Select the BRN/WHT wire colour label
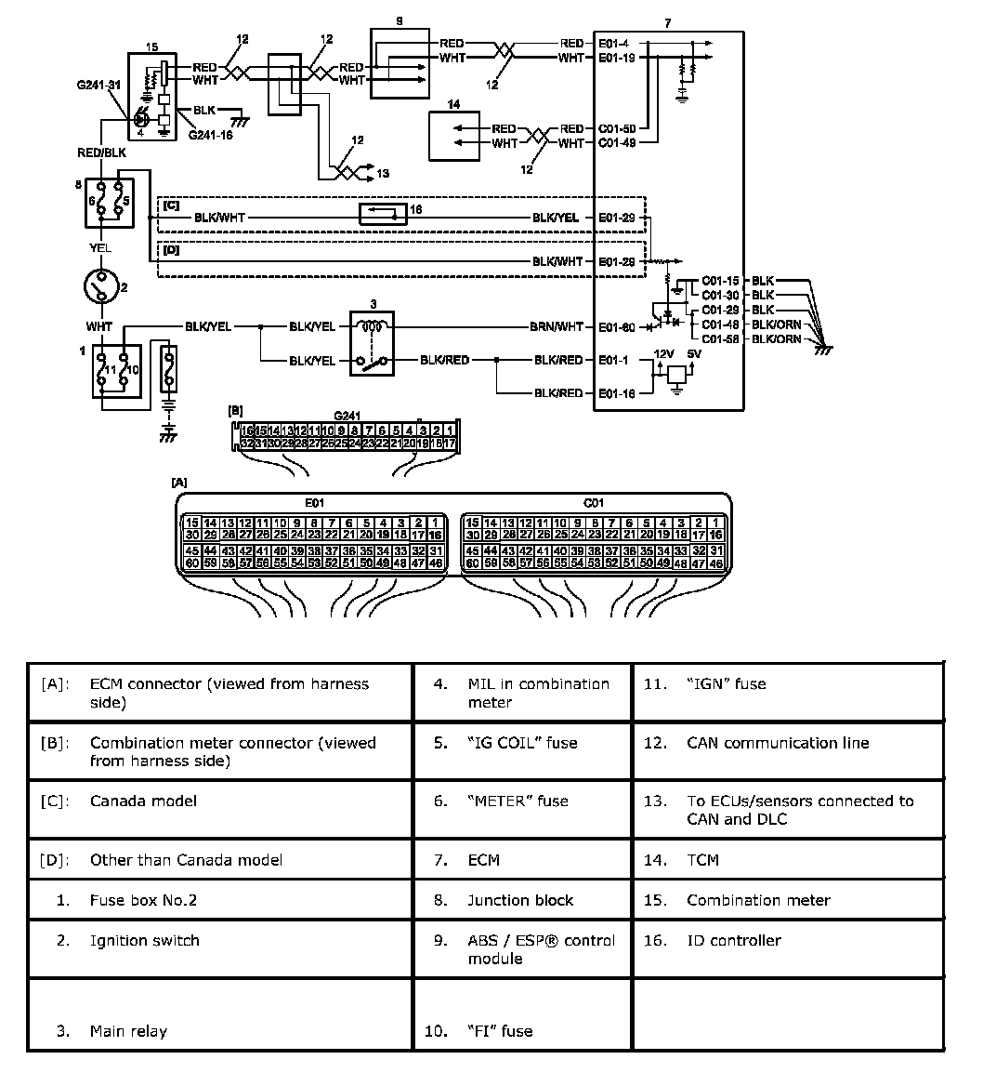(x=557, y=326)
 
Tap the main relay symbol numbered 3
(x=371, y=343)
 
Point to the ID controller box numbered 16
(x=383, y=214)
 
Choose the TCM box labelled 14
(x=453, y=136)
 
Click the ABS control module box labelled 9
(x=400, y=63)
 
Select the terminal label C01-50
(x=617, y=128)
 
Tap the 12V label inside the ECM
(x=663, y=354)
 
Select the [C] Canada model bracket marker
(x=171, y=205)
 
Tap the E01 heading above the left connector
(x=315, y=502)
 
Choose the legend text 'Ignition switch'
(x=145, y=940)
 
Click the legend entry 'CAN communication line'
(x=778, y=743)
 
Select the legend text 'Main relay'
(x=128, y=1030)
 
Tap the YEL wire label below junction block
(x=100, y=247)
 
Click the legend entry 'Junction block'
(x=520, y=900)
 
